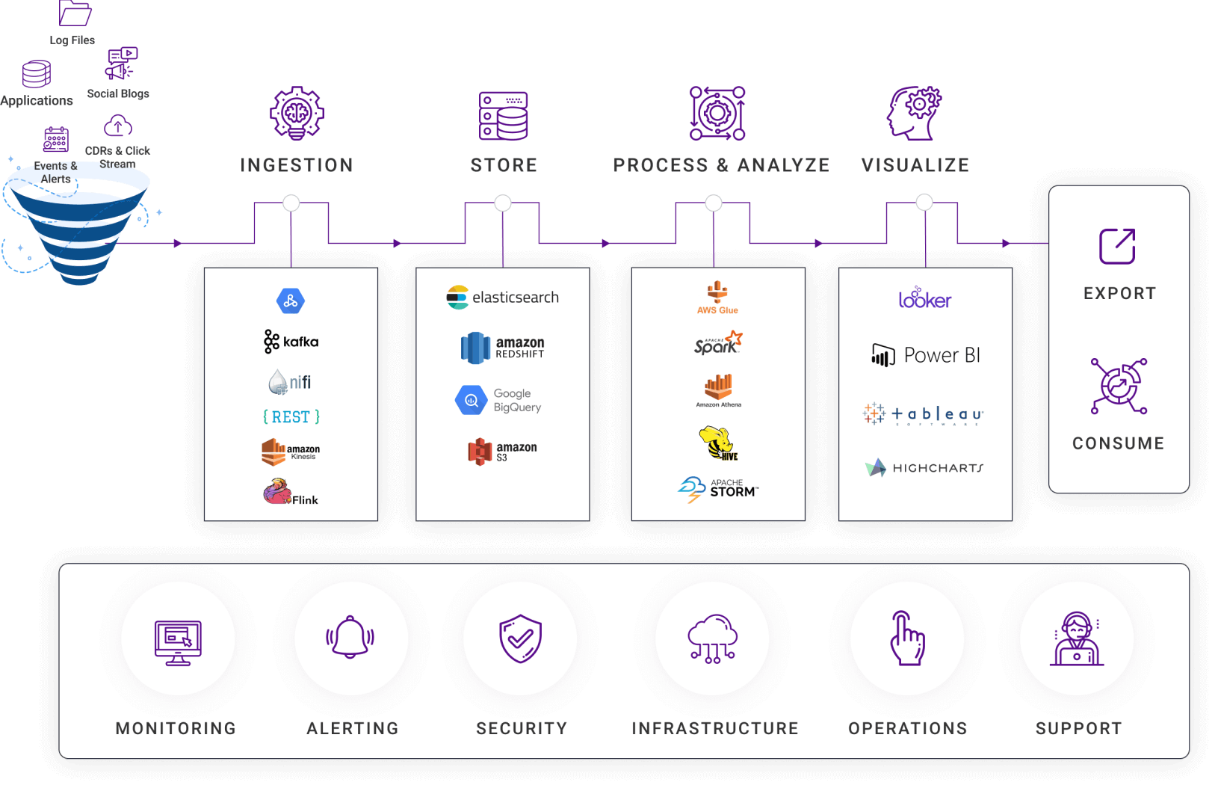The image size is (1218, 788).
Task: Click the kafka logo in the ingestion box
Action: pos(291,342)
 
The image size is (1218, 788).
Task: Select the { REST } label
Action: pos(291,416)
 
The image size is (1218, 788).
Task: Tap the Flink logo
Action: pos(291,493)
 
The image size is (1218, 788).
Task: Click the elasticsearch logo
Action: pos(502,298)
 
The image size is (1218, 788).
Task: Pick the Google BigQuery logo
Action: pos(498,400)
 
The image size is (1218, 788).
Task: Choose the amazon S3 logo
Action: pos(502,452)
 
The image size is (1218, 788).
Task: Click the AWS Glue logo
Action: pos(717,297)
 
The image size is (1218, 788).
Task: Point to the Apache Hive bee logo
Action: pos(717,443)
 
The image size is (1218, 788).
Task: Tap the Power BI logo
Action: pos(925,355)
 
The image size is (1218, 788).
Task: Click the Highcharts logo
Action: pos(924,468)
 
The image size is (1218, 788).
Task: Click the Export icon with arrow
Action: pos(1117,246)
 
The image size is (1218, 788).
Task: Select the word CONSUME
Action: pos(1118,443)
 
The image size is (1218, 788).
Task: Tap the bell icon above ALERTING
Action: pos(350,638)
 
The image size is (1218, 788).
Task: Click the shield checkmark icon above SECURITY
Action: pos(520,638)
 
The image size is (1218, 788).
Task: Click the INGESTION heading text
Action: pos(297,165)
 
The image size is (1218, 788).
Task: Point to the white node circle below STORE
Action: pos(503,203)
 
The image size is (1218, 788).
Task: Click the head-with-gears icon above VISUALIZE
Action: pos(914,113)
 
